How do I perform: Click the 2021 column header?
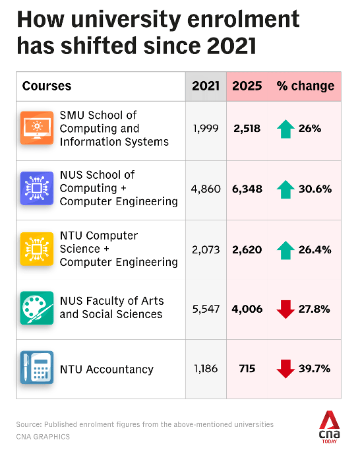(x=206, y=86)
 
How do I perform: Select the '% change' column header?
(x=305, y=86)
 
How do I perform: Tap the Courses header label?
(x=47, y=86)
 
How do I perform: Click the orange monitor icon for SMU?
(x=37, y=128)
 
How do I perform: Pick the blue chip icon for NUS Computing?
(x=37, y=188)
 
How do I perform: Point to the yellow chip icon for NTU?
(x=37, y=249)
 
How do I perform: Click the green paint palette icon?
(x=37, y=308)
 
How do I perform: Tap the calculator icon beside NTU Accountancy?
(x=37, y=368)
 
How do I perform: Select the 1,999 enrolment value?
(x=206, y=129)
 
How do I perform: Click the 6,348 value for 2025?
(x=247, y=189)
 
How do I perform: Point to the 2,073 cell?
(x=206, y=249)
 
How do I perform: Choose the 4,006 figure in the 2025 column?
(x=247, y=309)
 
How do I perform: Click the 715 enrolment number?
(x=247, y=368)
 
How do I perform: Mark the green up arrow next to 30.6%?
(x=285, y=189)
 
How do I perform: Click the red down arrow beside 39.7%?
(x=285, y=369)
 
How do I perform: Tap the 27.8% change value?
(x=314, y=309)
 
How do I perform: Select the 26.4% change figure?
(x=315, y=249)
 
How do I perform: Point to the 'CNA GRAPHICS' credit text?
(x=43, y=437)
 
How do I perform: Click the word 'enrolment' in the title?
(x=243, y=20)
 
